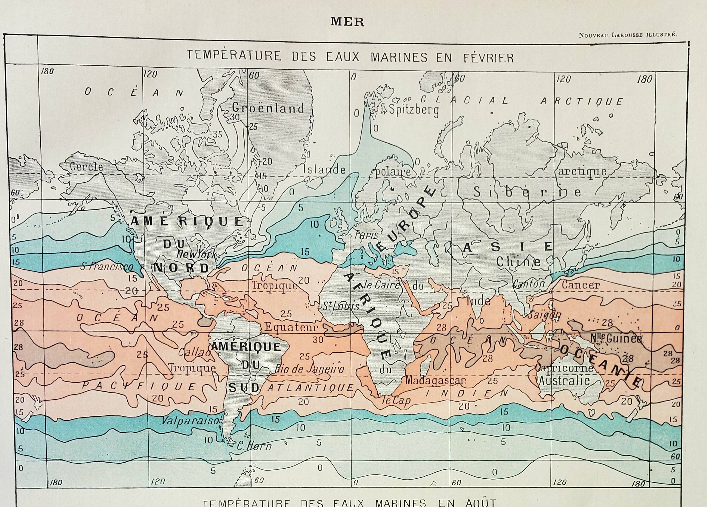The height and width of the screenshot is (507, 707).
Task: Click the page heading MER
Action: point(347,22)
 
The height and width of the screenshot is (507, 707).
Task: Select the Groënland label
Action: point(268,108)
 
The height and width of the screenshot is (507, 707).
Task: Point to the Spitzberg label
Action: point(413,110)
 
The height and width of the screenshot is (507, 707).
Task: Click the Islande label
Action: point(325,170)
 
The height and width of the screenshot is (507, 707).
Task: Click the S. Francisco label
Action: point(107,267)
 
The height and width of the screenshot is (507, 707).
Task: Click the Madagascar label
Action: point(435,381)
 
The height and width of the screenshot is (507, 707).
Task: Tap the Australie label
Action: point(564,381)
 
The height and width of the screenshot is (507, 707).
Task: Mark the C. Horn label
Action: point(254,446)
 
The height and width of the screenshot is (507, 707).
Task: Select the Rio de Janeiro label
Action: point(309,370)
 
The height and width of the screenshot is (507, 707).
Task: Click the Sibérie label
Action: point(527,192)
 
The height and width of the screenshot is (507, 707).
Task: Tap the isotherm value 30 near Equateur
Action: point(318,340)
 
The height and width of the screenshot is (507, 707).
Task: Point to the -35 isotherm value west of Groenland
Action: point(216,134)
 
